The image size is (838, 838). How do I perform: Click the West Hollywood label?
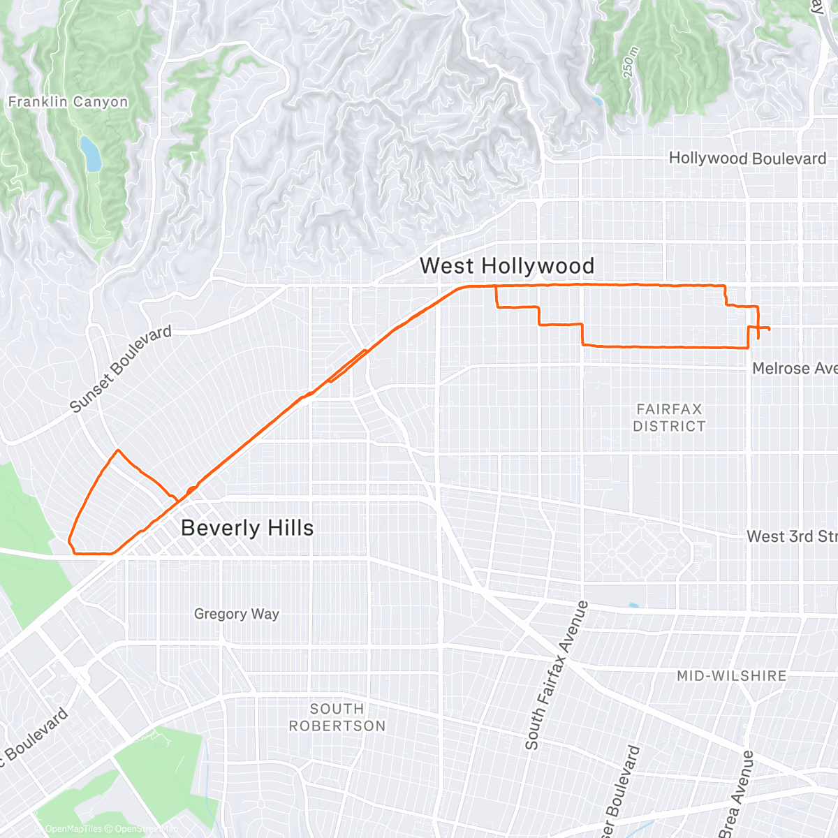(507, 266)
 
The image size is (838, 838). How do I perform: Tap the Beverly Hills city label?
(247, 528)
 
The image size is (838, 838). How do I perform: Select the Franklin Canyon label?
(68, 102)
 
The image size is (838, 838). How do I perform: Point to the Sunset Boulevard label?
(121, 369)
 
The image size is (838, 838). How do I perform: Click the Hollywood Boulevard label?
(747, 159)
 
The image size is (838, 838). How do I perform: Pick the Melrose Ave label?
(794, 368)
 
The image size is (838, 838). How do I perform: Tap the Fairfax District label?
(669, 418)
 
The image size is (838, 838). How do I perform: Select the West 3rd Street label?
(791, 536)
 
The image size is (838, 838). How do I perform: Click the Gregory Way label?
(237, 614)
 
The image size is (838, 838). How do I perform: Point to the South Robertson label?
(337, 717)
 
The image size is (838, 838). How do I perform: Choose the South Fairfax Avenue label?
(557, 675)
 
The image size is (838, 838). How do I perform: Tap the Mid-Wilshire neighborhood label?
(731, 675)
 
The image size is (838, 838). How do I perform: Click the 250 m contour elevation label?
(630, 62)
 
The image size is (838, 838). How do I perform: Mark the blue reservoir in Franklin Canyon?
(91, 154)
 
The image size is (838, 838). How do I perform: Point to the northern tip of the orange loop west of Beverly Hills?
(118, 450)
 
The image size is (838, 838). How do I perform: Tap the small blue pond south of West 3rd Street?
(633, 605)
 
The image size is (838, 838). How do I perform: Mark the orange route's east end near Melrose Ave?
(770, 329)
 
